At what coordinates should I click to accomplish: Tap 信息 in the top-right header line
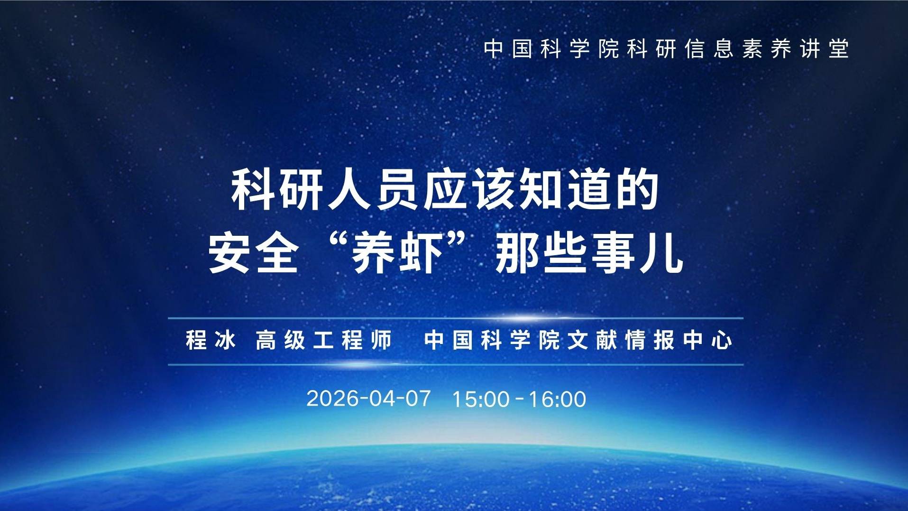click(709, 49)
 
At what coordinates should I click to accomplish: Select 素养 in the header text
click(767, 49)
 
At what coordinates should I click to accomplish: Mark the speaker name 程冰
click(211, 340)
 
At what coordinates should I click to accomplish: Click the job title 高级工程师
click(324, 340)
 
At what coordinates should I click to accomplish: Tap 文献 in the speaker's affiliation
click(592, 340)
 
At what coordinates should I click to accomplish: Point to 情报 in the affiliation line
click(650, 340)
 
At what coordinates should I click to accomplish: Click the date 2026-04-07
click(368, 399)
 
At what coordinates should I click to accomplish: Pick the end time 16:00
click(558, 399)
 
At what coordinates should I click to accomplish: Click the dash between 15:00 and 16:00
click(519, 398)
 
